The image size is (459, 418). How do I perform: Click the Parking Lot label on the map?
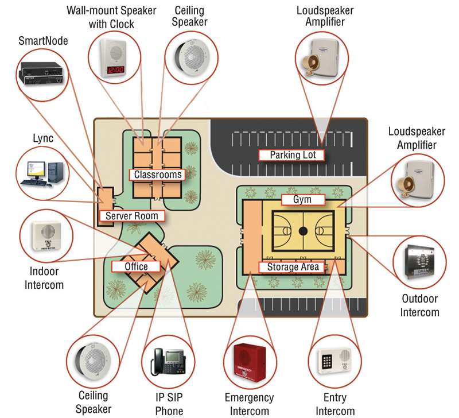[289, 155]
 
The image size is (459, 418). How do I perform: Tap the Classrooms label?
[158, 175]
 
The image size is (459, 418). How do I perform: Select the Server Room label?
[132, 216]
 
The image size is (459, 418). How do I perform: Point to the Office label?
[136, 266]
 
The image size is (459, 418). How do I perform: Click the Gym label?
[304, 199]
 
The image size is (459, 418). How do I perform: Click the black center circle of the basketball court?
[304, 231]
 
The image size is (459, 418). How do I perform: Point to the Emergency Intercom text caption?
[249, 404]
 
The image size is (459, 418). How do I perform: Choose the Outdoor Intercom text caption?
[419, 305]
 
